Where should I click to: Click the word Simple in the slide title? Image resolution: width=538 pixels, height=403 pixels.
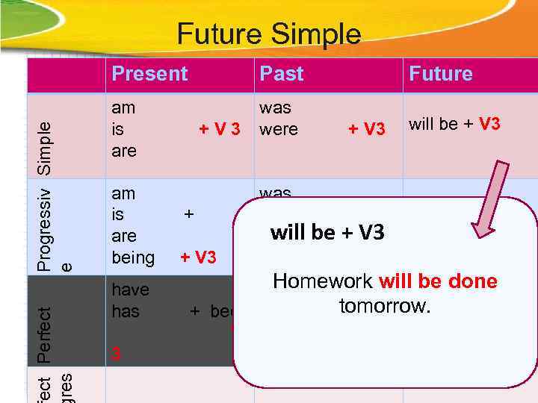pyautogui.click(x=316, y=34)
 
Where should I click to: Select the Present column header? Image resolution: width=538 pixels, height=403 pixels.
pyautogui.click(x=149, y=74)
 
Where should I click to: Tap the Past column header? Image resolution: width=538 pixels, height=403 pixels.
pyautogui.click(x=281, y=74)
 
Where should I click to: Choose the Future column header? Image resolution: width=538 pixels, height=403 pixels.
pyautogui.click(x=440, y=74)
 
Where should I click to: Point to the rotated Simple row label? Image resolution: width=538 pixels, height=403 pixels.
pyautogui.click(x=46, y=148)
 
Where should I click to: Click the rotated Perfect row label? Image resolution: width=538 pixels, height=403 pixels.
pyautogui.click(x=46, y=335)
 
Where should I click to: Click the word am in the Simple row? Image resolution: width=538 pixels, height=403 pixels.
pyautogui.click(x=123, y=107)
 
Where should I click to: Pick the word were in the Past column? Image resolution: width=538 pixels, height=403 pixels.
pyautogui.click(x=278, y=129)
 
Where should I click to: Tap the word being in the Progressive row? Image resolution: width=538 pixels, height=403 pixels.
pyautogui.click(x=132, y=258)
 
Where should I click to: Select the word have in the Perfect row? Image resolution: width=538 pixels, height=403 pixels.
pyautogui.click(x=130, y=290)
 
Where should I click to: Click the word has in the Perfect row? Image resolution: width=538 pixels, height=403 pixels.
pyautogui.click(x=126, y=310)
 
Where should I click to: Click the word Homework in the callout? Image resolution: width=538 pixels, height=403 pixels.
pyautogui.click(x=323, y=281)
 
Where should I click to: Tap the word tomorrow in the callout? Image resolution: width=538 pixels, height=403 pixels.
pyautogui.click(x=383, y=305)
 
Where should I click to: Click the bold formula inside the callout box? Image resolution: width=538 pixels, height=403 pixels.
pyautogui.click(x=327, y=233)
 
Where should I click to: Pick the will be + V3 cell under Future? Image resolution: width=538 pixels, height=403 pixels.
pyautogui.click(x=454, y=124)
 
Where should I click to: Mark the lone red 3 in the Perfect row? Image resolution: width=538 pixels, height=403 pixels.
pyautogui.click(x=115, y=355)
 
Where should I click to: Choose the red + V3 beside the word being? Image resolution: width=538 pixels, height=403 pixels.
pyautogui.click(x=198, y=258)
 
